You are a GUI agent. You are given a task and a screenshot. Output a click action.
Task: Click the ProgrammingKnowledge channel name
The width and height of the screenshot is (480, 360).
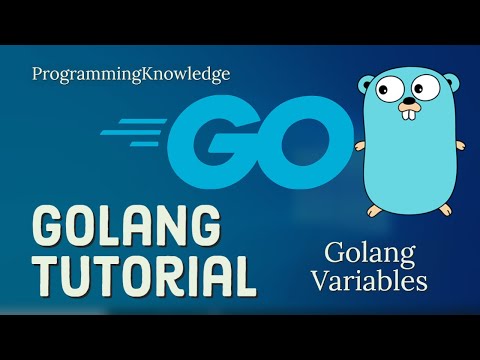point(131,74)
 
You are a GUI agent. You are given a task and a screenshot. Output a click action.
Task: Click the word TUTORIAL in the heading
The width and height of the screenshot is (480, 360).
point(142,272)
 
